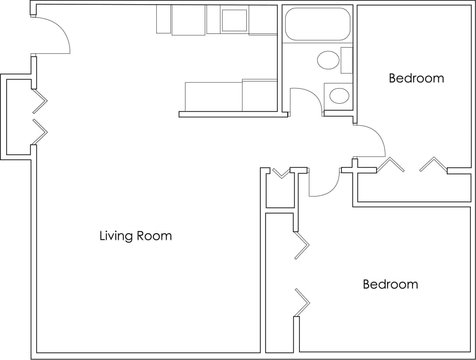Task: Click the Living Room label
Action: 136,236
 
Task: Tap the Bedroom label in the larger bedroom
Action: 390,285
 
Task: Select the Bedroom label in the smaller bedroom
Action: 416,78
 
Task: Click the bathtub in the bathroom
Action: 318,24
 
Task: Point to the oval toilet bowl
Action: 329,61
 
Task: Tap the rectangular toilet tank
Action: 347,60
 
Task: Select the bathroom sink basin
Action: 339,96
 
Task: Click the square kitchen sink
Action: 234,20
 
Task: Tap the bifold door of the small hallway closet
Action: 281,173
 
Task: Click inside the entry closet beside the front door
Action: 19,118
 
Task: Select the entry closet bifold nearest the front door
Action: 40,101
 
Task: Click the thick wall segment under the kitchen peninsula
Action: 233,115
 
